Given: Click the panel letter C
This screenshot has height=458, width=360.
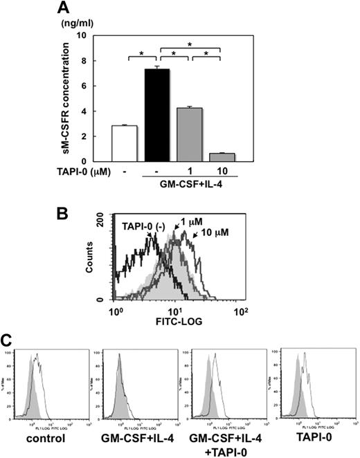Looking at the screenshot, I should pyautogui.click(x=8, y=340).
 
